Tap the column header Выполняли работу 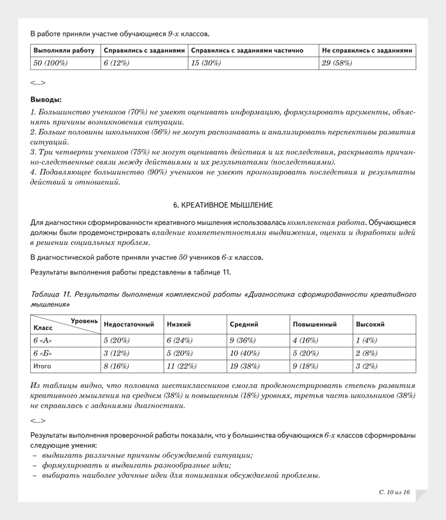point(65,50)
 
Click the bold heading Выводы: point(45,100)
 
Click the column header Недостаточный point(129,325)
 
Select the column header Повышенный point(314,325)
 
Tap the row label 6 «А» point(43,340)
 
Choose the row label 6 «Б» point(44,353)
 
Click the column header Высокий point(370,325)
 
